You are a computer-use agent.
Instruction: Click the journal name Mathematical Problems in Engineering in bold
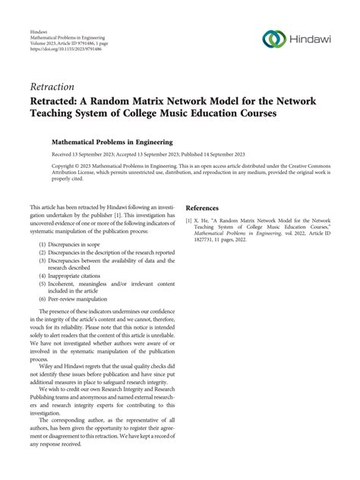click(x=112, y=141)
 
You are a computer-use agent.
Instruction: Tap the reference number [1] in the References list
click(x=190, y=221)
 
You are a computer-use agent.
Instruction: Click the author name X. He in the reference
click(x=207, y=221)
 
